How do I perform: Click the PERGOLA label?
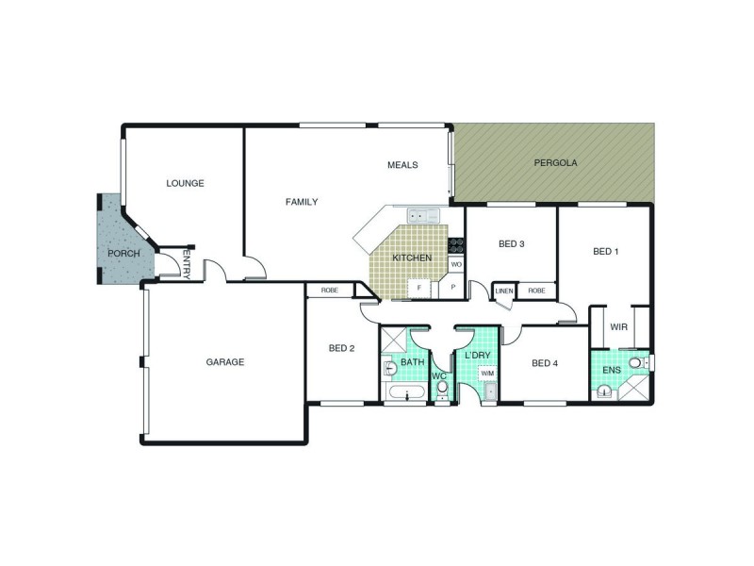click(x=555, y=162)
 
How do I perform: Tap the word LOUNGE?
click(x=185, y=183)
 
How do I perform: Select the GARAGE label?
click(x=225, y=362)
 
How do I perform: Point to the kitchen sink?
click(x=423, y=216)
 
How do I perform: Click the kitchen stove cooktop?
click(x=456, y=245)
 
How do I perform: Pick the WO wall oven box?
click(x=456, y=264)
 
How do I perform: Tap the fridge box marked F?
click(x=419, y=288)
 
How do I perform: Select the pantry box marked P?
click(x=452, y=287)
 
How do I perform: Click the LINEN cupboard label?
click(x=504, y=291)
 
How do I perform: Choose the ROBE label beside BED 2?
click(x=330, y=291)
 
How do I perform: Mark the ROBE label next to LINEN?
click(x=536, y=291)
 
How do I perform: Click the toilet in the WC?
click(x=442, y=389)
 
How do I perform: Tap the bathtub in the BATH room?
click(x=407, y=391)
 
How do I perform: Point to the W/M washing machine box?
click(x=487, y=373)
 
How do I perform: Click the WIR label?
click(x=619, y=327)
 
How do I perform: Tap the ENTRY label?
click(x=187, y=263)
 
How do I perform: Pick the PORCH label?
click(x=123, y=254)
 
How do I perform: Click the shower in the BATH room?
click(x=394, y=341)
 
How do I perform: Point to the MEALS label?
click(x=403, y=165)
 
